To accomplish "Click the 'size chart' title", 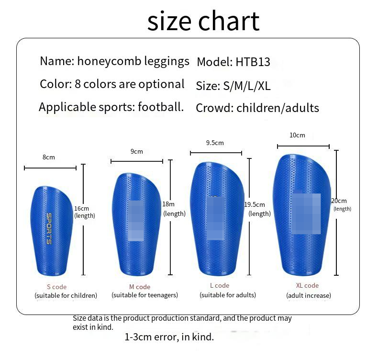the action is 203,22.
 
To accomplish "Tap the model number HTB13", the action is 253,62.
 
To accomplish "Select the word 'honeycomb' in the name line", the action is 109,61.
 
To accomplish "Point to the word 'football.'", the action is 161,107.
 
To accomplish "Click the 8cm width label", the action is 49,157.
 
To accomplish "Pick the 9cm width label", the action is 137,151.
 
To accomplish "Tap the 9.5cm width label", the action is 215,143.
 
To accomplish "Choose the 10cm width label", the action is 297,135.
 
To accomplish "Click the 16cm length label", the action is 81,209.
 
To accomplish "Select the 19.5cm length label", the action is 255,205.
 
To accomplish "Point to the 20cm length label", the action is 339,201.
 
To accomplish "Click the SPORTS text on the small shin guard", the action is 49,228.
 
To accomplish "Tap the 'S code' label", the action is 56,287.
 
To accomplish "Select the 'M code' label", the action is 140,287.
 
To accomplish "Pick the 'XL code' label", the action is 307,285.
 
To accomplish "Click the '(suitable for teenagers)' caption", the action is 145,295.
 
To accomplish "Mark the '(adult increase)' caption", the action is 309,296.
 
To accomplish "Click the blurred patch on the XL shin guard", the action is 306,214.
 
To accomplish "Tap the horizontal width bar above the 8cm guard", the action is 50,168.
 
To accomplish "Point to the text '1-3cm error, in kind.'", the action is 169,337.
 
